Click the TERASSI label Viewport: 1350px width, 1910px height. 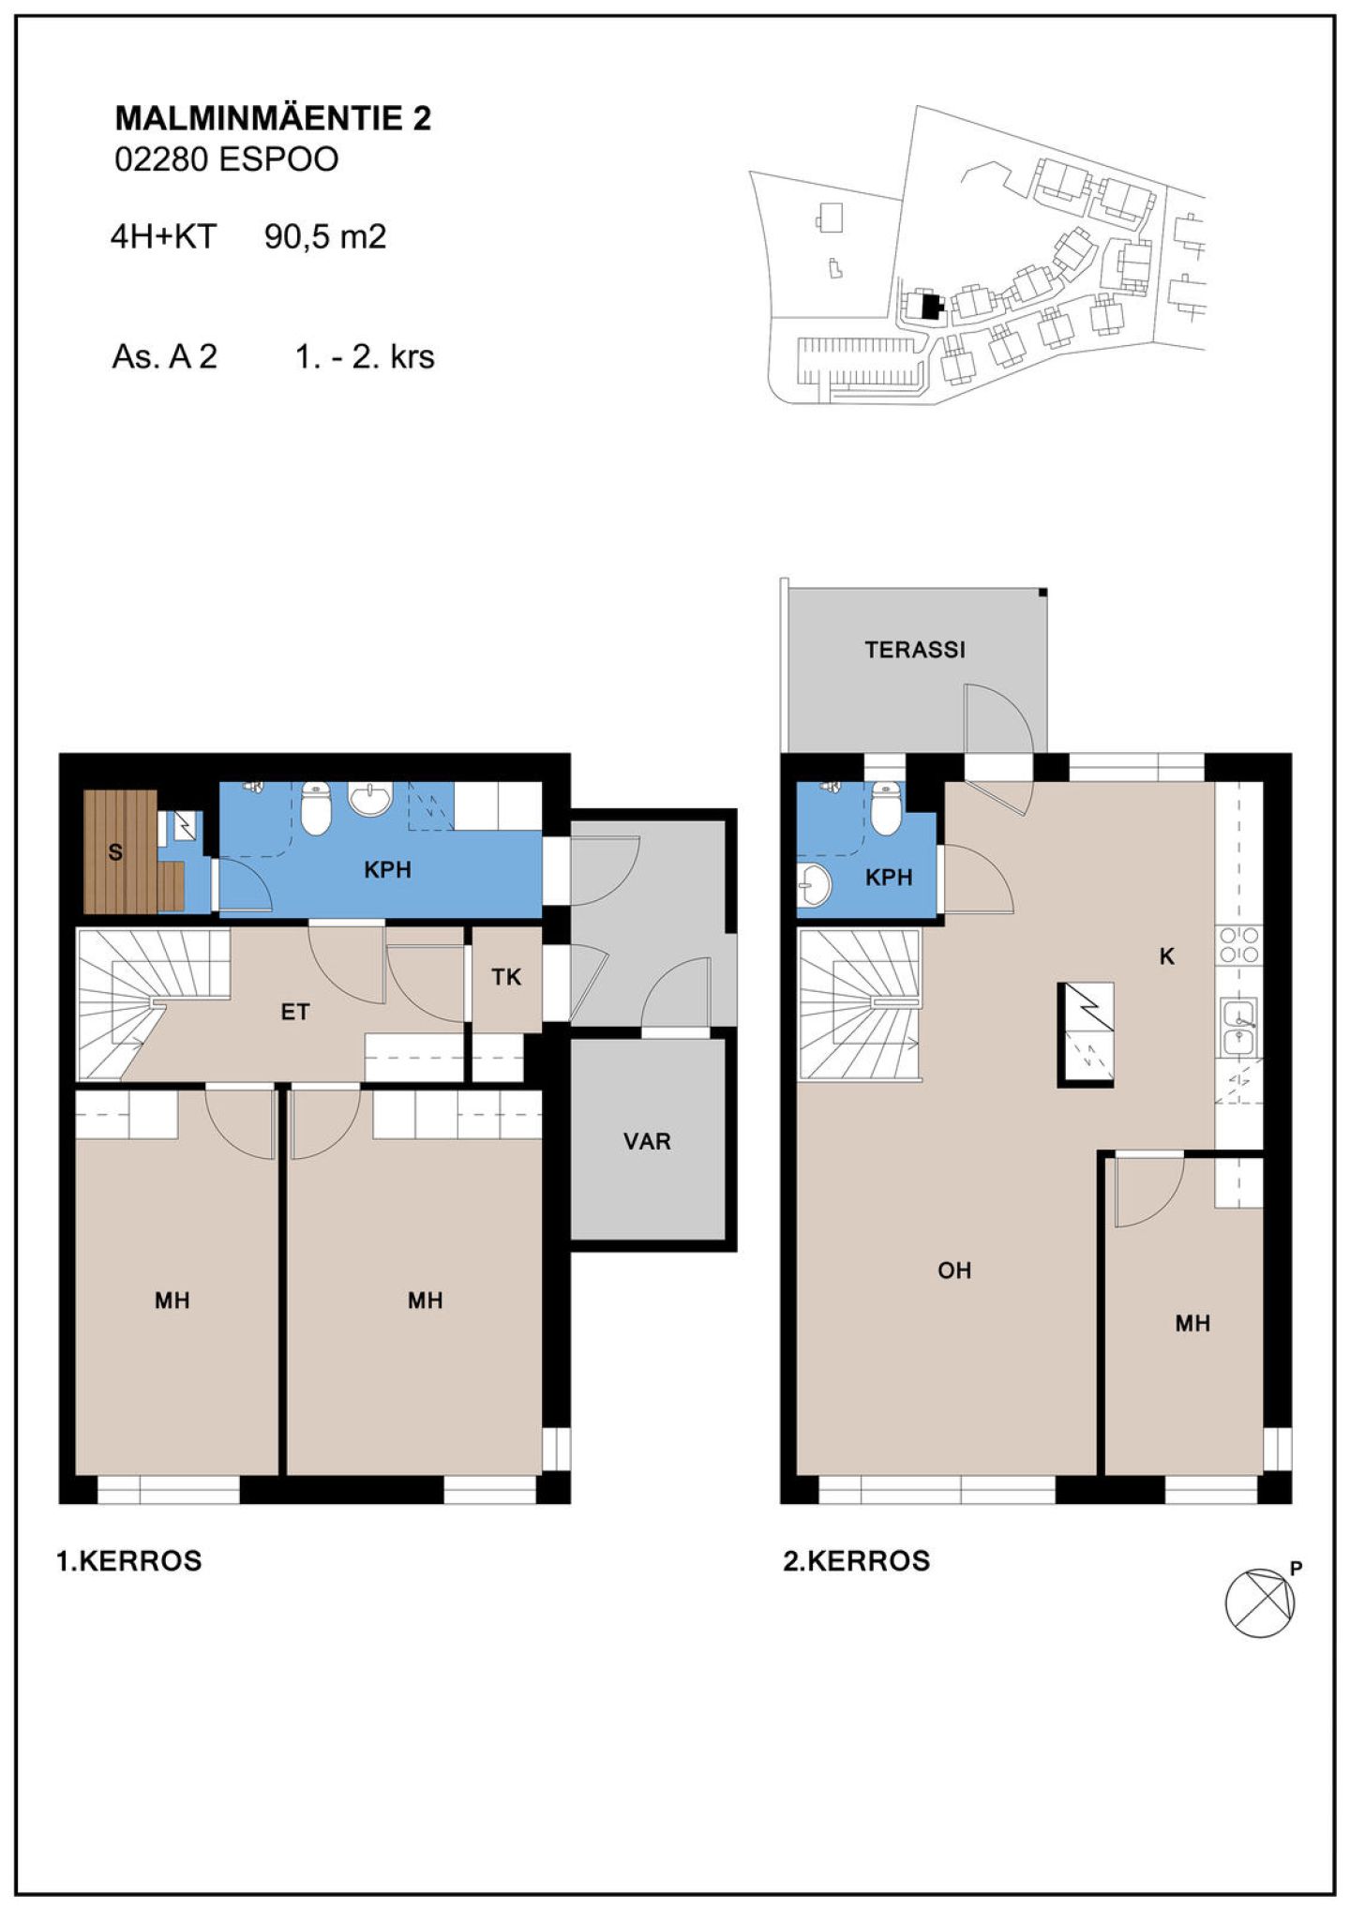pos(914,649)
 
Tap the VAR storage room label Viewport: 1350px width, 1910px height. pos(647,1141)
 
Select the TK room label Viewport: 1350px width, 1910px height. pos(506,977)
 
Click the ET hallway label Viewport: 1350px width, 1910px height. pos(295,1012)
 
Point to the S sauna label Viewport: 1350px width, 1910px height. pos(115,852)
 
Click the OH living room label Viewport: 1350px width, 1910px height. pos(954,1271)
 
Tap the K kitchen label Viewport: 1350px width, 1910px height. pos(1167,956)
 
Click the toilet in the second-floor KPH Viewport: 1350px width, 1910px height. pos(886,807)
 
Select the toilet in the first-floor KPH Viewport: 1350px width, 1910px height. pos(316,807)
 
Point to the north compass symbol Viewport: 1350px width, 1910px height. pos(1260,1603)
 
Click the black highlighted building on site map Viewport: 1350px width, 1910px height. pos(930,307)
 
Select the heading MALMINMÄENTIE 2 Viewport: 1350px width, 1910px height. pos(273,119)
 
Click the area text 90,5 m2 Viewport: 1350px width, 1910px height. pos(325,236)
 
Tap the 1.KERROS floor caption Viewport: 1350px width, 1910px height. pos(129,1561)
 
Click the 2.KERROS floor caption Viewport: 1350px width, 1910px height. pos(857,1561)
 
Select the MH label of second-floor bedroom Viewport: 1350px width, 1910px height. pos(1192,1323)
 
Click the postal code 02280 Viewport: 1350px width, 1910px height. pos(161,160)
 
